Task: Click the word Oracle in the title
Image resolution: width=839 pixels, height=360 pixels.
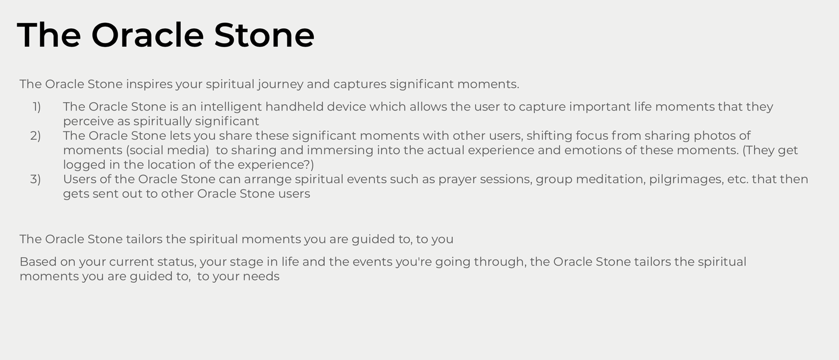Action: (147, 35)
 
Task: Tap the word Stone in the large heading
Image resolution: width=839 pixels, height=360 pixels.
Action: (264, 35)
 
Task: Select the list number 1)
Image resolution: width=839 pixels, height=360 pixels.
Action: (37, 107)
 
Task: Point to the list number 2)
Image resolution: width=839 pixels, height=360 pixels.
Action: (35, 136)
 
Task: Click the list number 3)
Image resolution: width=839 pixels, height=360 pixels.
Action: (35, 180)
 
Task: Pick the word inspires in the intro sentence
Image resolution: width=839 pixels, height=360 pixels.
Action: (149, 84)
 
